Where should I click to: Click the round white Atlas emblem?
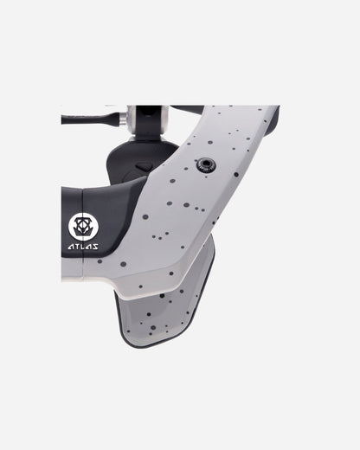pyautogui.click(x=83, y=227)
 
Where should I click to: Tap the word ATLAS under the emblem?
pyautogui.click(x=83, y=247)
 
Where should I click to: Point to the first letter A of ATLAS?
pyautogui.click(x=71, y=247)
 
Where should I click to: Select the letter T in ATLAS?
pyautogui.click(x=77, y=247)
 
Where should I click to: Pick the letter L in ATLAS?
pyautogui.click(x=83, y=247)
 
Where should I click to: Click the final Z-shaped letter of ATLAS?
pyautogui.click(x=95, y=247)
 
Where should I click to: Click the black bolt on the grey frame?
pyautogui.click(x=206, y=164)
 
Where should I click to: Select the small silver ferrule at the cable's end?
pyautogui.click(x=125, y=119)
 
